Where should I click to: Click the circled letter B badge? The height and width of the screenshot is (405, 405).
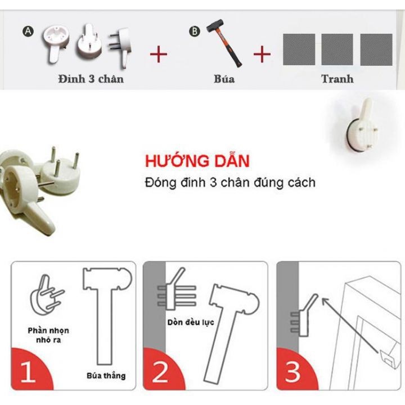[x=195, y=32]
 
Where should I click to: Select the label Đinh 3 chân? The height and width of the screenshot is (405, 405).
[x=90, y=79]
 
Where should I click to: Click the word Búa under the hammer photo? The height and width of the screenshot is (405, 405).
[x=224, y=79]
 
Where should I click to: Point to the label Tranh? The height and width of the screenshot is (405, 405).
[x=337, y=79]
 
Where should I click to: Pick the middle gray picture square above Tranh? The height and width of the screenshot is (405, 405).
[x=337, y=49]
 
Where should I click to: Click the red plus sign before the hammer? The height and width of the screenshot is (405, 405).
[x=159, y=55]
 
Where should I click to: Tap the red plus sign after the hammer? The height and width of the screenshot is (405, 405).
[x=262, y=55]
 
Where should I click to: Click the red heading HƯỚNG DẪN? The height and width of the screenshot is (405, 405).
[x=197, y=161]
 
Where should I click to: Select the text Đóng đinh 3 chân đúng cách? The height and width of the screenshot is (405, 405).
[x=229, y=183]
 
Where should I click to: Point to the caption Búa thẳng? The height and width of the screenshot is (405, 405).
[x=106, y=375]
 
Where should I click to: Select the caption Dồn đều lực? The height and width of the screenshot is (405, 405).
[x=190, y=323]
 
